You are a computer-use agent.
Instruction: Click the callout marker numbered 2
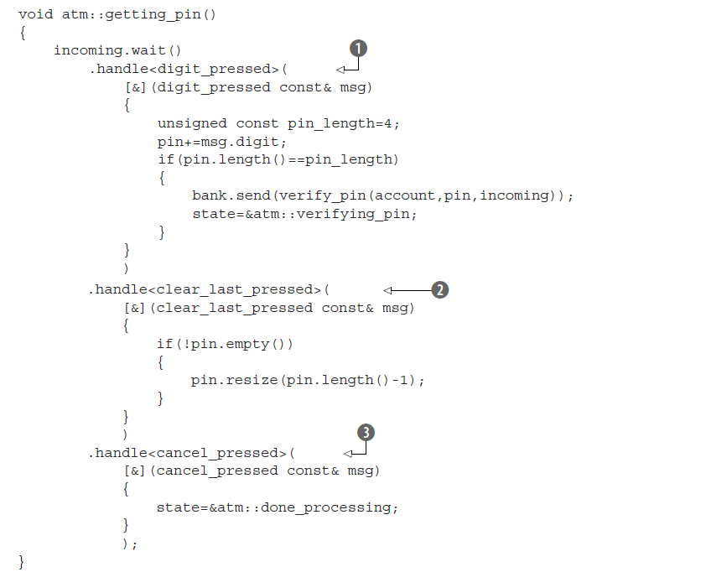point(440,290)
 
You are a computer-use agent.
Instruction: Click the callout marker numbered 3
point(365,433)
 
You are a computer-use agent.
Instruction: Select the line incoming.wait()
point(117,50)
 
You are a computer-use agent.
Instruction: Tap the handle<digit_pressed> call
point(194,69)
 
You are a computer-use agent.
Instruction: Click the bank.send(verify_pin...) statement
point(382,195)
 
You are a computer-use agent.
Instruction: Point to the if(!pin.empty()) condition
point(226,344)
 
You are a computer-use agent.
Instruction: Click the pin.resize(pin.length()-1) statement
point(309,380)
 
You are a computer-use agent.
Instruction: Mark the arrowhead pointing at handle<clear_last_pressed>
point(388,290)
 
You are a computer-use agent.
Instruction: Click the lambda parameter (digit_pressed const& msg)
point(262,87)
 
